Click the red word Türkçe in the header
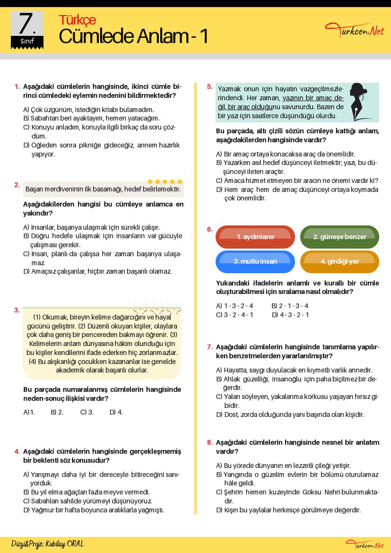click(x=77, y=20)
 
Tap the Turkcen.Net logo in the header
click(x=355, y=31)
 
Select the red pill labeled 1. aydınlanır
click(x=255, y=237)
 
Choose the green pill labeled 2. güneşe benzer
click(x=339, y=237)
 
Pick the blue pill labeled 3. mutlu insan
click(x=255, y=261)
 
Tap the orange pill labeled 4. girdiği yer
click(x=339, y=261)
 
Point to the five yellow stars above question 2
click(x=165, y=181)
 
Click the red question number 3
click(x=17, y=310)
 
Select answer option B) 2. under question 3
click(x=57, y=412)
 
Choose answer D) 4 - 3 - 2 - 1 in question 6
click(x=290, y=315)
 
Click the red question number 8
click(x=209, y=443)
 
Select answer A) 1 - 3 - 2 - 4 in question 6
click(x=235, y=306)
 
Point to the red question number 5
click(x=209, y=86)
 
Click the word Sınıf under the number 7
click(x=27, y=42)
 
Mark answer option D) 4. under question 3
click(x=116, y=412)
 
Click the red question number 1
click(x=17, y=86)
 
